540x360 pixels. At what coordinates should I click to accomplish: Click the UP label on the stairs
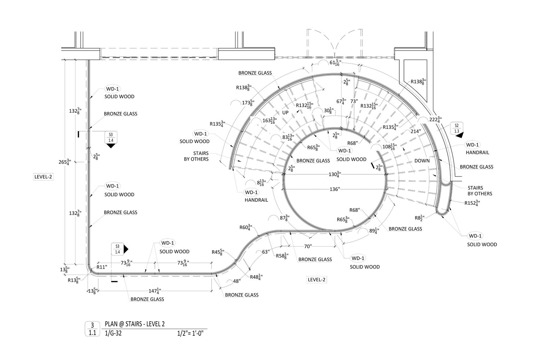point(285,113)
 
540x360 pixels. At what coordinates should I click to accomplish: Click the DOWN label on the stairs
point(422,161)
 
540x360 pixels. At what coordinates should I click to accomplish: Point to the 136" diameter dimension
point(334,189)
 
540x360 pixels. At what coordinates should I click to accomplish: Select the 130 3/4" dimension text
point(334,174)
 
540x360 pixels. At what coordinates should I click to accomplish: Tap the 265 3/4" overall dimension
point(65,162)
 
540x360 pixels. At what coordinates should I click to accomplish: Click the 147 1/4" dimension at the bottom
point(155,291)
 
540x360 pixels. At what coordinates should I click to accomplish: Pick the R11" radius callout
point(102,267)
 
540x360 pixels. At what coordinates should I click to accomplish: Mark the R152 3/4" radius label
point(472,203)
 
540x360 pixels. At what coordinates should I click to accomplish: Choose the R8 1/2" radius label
point(420,218)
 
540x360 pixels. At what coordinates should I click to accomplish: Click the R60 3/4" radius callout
point(246,227)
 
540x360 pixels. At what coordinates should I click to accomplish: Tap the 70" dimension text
point(308,247)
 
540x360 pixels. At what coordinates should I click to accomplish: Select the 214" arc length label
point(416,131)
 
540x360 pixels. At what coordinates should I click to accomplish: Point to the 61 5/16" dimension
point(335,63)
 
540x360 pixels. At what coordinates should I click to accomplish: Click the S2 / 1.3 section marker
point(457,129)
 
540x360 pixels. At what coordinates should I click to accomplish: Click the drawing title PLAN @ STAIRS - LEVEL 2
point(135,324)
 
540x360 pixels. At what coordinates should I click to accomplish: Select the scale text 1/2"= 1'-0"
point(190,333)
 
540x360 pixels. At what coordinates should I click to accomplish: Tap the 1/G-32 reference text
point(113,333)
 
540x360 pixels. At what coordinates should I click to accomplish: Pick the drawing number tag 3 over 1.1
point(92,329)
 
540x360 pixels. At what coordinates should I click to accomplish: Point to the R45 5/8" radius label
point(218,252)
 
